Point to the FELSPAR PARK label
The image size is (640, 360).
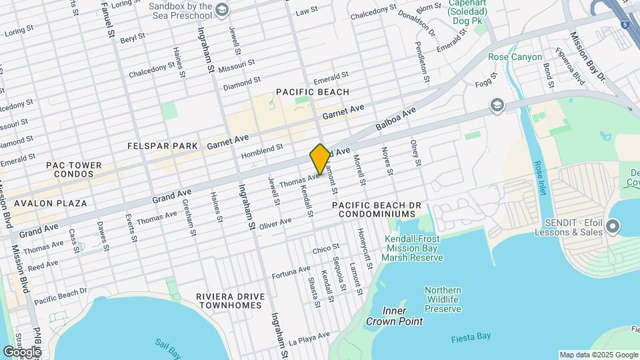163,145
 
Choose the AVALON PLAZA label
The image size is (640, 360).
44,203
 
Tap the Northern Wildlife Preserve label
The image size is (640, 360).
443,299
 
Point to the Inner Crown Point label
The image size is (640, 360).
394,316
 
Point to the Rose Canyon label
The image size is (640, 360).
515,57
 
